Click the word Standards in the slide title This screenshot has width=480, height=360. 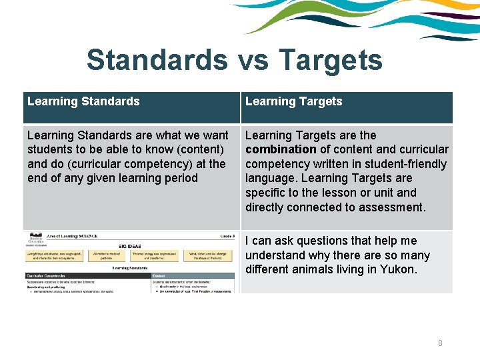pyautogui.click(x=157, y=60)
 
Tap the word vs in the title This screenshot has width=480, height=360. pyautogui.click(x=252, y=60)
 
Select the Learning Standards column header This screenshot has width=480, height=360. pyautogui.click(x=83, y=101)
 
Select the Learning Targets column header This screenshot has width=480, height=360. pyautogui.click(x=293, y=101)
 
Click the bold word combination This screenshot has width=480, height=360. pyautogui.click(x=281, y=149)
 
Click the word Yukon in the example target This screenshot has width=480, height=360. pyautogui.click(x=397, y=270)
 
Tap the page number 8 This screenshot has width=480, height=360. pyautogui.click(x=440, y=343)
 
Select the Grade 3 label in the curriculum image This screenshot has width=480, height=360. pyautogui.click(x=227, y=235)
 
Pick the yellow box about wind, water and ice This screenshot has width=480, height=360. pyautogui.click(x=209, y=255)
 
